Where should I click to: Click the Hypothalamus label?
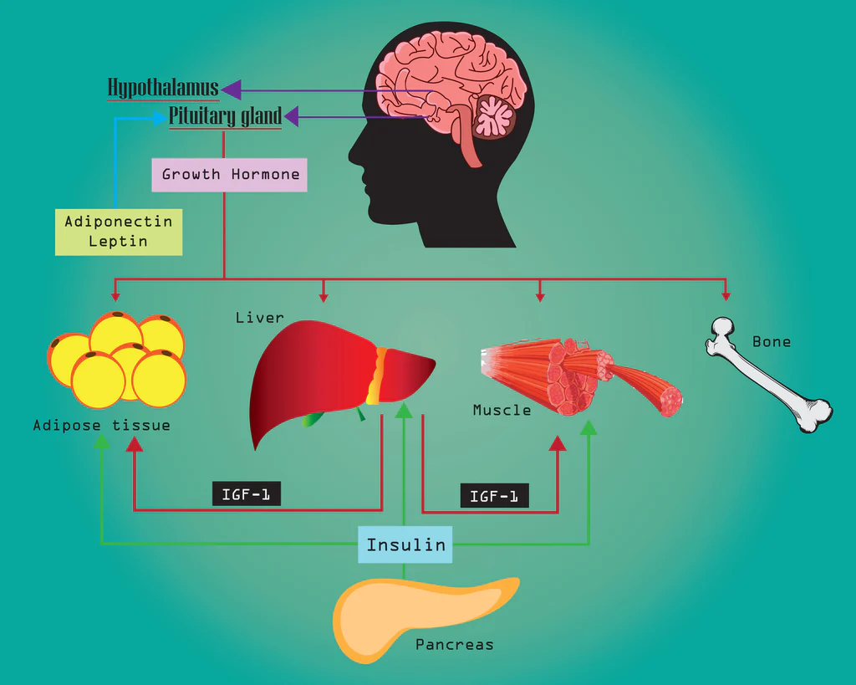click(163, 88)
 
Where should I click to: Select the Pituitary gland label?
click(225, 116)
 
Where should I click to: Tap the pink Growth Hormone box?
click(229, 175)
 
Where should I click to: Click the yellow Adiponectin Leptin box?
click(118, 232)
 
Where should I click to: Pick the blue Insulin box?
click(405, 544)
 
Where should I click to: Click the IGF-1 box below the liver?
click(246, 494)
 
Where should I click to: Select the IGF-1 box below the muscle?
click(494, 496)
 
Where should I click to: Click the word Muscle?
click(502, 410)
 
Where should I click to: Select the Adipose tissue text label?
click(101, 425)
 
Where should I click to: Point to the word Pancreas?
click(454, 645)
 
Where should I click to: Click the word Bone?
click(771, 341)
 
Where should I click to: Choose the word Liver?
click(259, 318)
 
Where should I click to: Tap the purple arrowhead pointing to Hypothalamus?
click(231, 89)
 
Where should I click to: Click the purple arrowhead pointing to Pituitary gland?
click(293, 117)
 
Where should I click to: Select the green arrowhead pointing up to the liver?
click(404, 410)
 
